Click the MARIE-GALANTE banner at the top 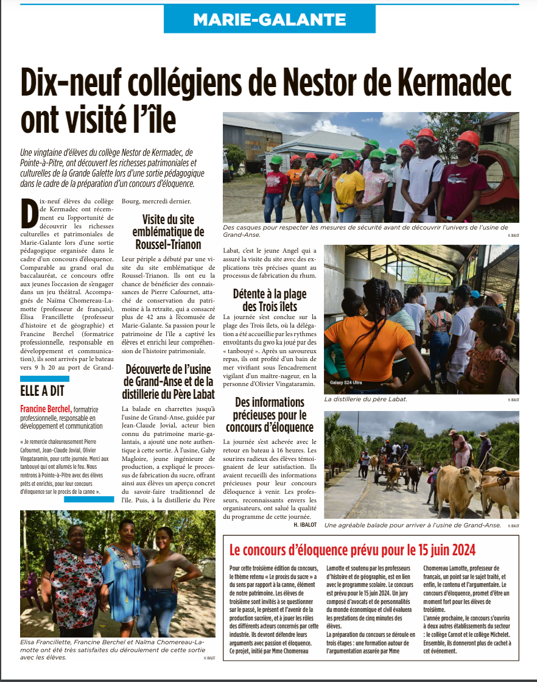(x=269, y=19)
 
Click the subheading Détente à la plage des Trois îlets (x=269, y=300)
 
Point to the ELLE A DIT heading (x=42, y=391)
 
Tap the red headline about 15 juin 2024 (x=352, y=550)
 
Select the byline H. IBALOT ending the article (x=305, y=524)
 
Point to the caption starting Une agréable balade (x=412, y=524)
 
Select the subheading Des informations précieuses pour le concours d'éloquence (x=269, y=414)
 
